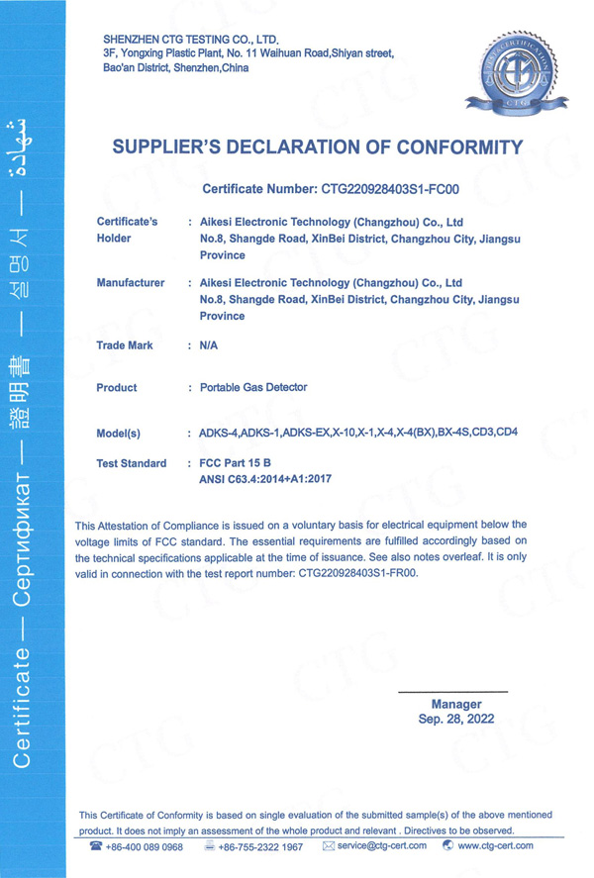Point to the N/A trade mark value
(x=208, y=346)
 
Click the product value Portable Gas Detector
(x=253, y=387)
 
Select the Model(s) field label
(x=119, y=433)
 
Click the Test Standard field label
(x=132, y=463)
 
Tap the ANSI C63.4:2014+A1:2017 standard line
(x=265, y=479)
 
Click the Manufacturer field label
(x=131, y=283)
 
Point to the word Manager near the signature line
(x=455, y=705)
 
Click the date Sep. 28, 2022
(x=455, y=720)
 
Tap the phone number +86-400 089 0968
(x=144, y=846)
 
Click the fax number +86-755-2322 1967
(x=260, y=846)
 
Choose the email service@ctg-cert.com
(x=380, y=846)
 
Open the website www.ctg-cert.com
(x=495, y=846)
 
